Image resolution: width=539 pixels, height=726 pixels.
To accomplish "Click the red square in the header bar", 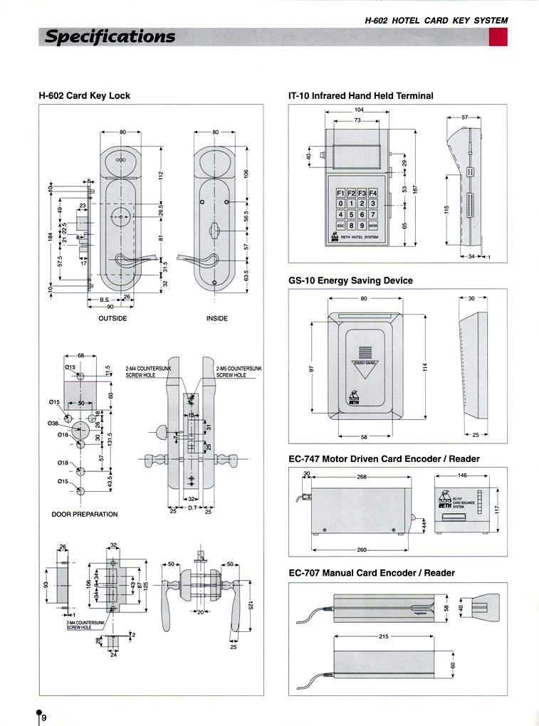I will [x=498, y=37].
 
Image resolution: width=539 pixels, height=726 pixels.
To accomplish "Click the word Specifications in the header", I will [x=110, y=36].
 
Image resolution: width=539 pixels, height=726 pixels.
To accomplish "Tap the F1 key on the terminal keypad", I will [x=340, y=193].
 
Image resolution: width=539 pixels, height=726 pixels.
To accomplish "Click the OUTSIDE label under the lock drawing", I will [x=112, y=318].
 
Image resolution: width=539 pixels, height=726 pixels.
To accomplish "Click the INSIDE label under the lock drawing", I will [x=217, y=318].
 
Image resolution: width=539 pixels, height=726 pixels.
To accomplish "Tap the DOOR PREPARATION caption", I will [x=85, y=514].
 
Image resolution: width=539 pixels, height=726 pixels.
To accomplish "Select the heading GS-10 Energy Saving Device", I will [x=350, y=280].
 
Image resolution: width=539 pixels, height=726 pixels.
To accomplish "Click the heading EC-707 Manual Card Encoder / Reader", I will [x=371, y=572].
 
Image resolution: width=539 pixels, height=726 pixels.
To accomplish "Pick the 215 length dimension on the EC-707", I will [x=383, y=636].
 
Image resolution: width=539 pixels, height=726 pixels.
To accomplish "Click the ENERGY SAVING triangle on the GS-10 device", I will [x=366, y=366].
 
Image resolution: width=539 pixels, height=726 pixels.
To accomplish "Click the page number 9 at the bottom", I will [x=44, y=717].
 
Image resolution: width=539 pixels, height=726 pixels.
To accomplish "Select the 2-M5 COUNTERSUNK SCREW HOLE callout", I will [x=239, y=372].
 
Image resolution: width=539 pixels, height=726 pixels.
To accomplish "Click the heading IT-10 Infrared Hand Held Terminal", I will [x=360, y=95].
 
